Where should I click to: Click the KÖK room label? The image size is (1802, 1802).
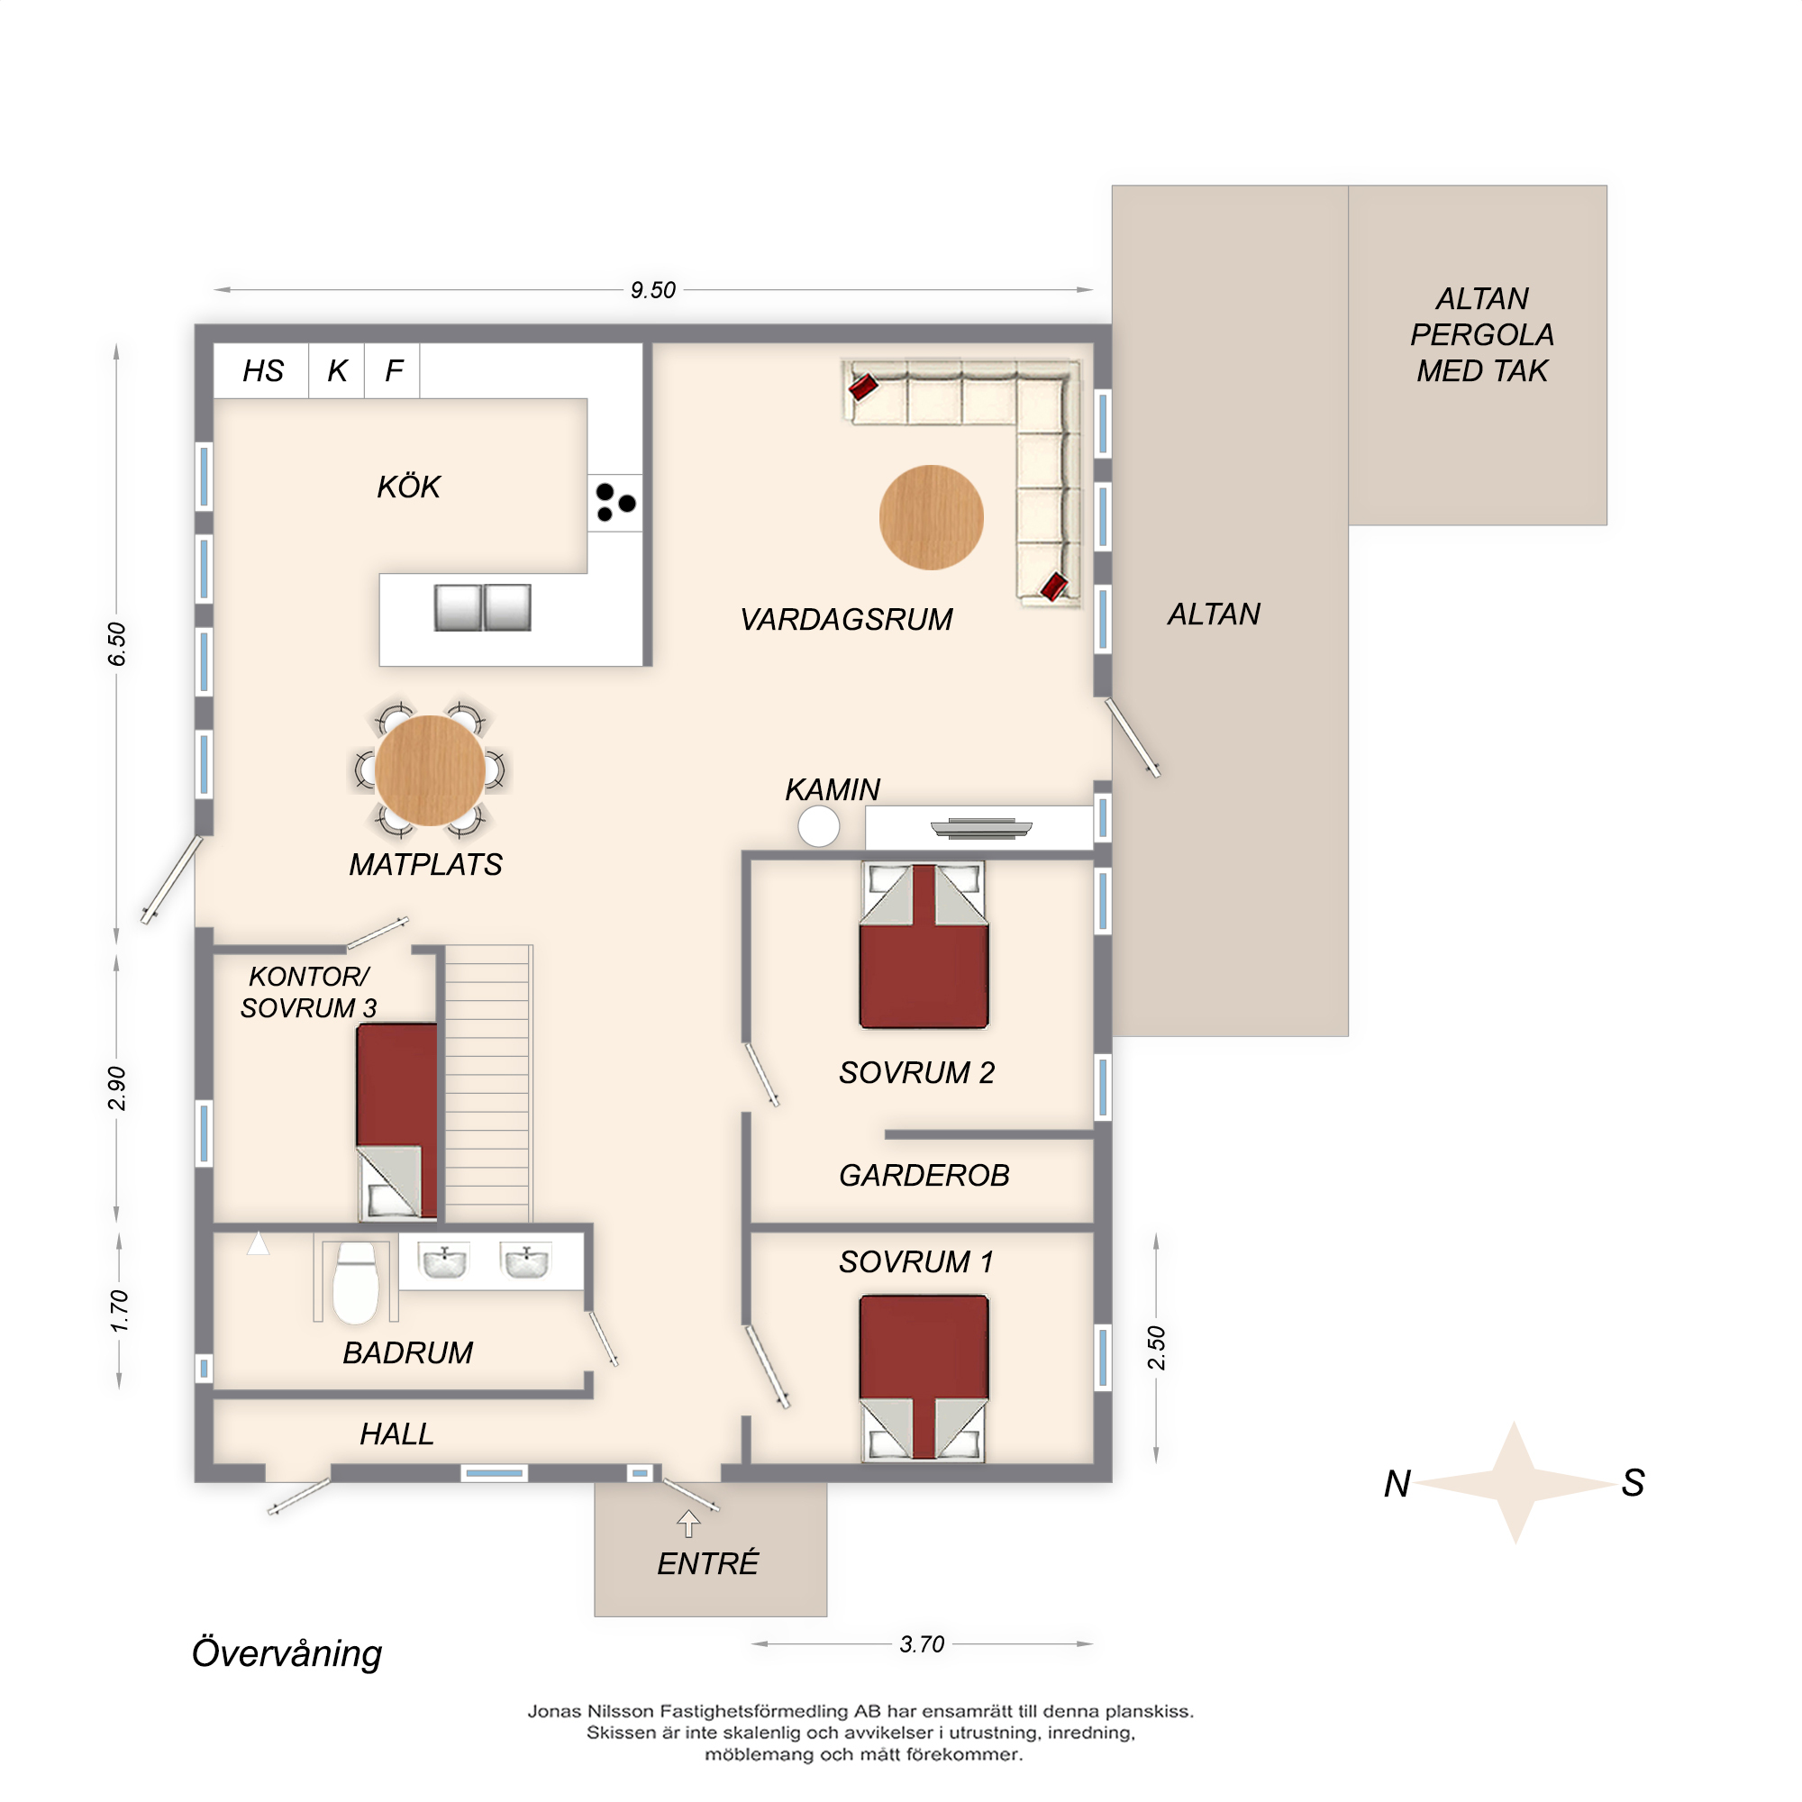click(408, 487)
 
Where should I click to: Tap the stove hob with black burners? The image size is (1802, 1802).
click(614, 503)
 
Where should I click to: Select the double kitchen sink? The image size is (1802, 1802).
click(482, 607)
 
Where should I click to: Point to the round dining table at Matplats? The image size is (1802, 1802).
click(430, 770)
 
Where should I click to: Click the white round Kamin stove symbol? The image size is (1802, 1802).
click(818, 826)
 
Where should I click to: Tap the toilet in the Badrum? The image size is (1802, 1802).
click(355, 1281)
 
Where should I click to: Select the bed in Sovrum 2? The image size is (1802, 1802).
click(924, 946)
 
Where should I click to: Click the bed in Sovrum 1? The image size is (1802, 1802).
click(924, 1377)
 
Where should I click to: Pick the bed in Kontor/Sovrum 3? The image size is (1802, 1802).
click(396, 1121)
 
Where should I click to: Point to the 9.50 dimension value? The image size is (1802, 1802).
click(653, 290)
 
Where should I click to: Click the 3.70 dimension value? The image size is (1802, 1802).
click(922, 1643)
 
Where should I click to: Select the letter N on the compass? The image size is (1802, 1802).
click(1397, 1483)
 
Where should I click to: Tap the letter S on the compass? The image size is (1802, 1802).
click(1633, 1482)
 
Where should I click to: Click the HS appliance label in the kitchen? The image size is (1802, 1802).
click(262, 371)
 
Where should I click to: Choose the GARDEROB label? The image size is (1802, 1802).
click(924, 1175)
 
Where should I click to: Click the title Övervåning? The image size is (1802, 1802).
click(287, 1652)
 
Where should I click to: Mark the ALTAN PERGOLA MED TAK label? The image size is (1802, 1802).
click(1482, 335)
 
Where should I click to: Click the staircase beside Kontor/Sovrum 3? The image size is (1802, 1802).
click(487, 1083)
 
